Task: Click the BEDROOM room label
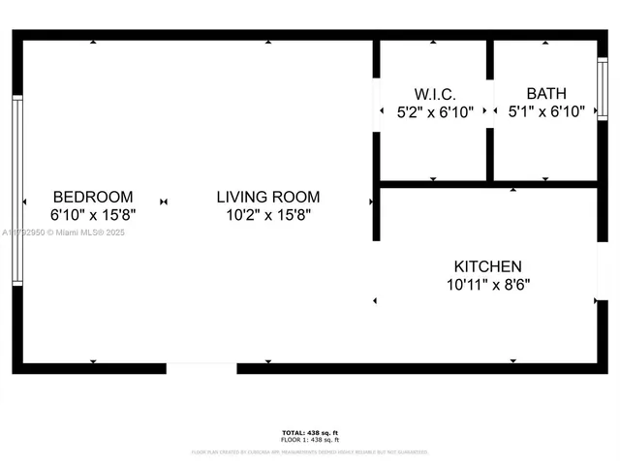click(x=93, y=197)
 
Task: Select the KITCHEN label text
click(x=488, y=266)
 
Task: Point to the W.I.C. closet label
click(x=435, y=94)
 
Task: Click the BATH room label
click(x=546, y=94)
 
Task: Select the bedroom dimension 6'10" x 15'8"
click(x=93, y=215)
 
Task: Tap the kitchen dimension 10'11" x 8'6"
click(x=488, y=285)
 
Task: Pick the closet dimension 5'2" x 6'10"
click(x=435, y=112)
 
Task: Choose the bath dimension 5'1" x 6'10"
click(x=546, y=112)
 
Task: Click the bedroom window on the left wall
click(x=16, y=190)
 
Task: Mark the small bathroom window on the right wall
click(x=603, y=89)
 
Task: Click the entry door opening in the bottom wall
click(x=201, y=368)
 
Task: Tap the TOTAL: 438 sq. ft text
click(x=310, y=432)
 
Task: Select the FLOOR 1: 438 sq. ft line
click(x=310, y=440)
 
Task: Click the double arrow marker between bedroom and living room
click(x=164, y=201)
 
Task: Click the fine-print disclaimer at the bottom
click(x=310, y=451)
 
